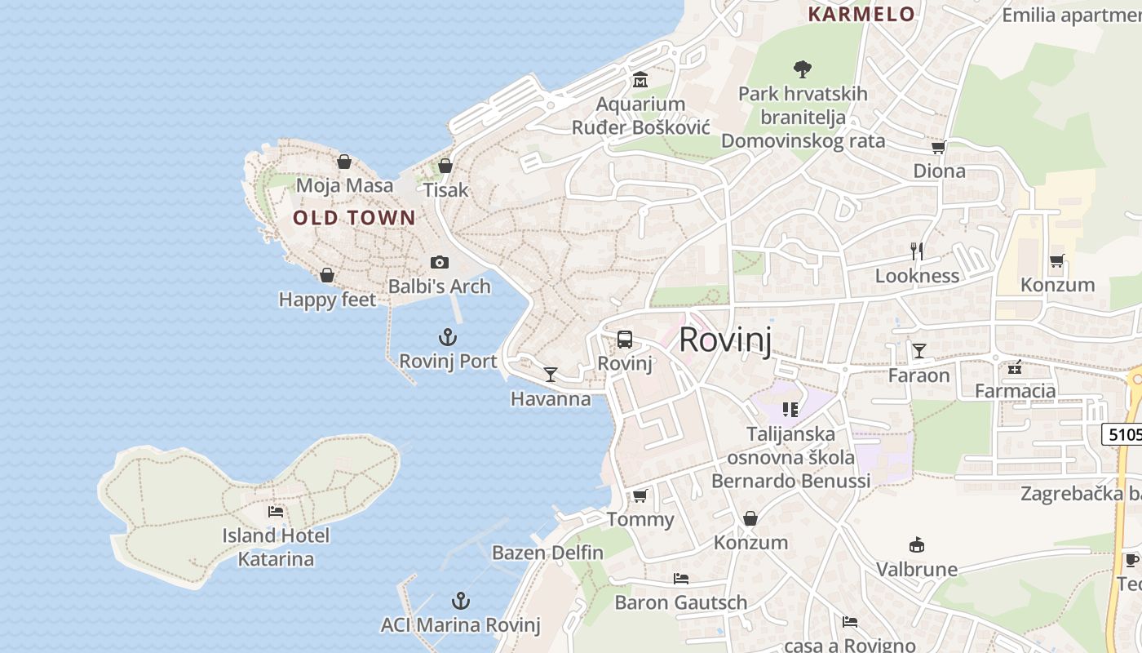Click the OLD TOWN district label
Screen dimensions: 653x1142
[354, 218]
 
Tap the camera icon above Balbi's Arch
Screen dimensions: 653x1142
[440, 262]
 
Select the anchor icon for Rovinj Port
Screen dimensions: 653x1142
[447, 337]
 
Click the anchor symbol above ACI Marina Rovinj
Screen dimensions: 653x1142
[461, 602]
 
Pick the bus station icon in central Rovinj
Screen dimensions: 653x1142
[625, 340]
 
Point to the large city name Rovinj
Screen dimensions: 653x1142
[725, 340]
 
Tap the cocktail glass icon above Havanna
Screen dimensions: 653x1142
[551, 375]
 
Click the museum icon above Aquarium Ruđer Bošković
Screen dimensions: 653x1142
[640, 80]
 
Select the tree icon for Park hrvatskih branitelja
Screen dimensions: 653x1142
[803, 69]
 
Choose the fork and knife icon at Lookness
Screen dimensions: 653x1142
[917, 251]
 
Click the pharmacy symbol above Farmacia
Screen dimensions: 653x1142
[1015, 367]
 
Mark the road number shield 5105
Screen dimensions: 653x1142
[1124, 434]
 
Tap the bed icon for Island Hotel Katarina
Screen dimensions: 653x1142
[276, 512]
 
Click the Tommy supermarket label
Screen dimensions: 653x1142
[640, 520]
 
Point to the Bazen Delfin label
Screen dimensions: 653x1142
[547, 553]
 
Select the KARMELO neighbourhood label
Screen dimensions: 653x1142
[861, 14]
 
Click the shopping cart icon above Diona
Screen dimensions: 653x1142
[939, 148]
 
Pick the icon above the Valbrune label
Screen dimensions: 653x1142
[917, 545]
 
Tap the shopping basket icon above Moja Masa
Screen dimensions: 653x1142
[344, 162]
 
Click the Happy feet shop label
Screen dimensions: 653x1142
[327, 300]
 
